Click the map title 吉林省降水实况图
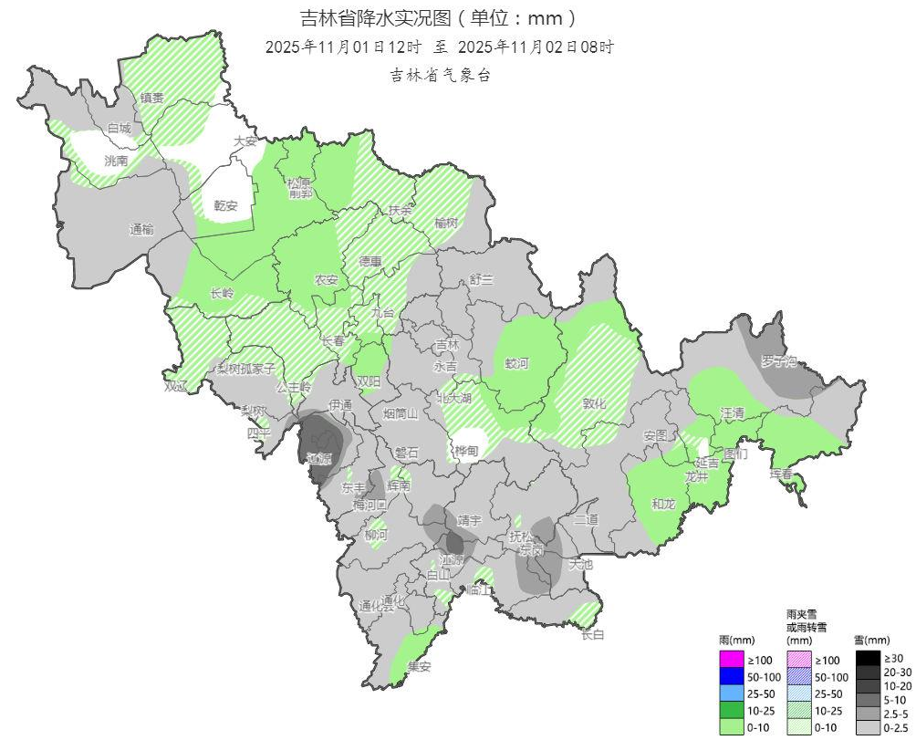tap(439, 18)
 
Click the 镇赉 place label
tap(151, 98)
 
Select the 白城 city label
tap(120, 129)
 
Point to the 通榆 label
tap(141, 230)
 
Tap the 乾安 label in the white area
tap(225, 205)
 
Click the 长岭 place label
tap(222, 293)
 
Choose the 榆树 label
tap(446, 223)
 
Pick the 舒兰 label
tap(481, 279)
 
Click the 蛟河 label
tap(517, 363)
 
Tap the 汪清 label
tap(733, 413)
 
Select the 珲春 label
tap(782, 474)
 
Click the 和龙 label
tap(663, 503)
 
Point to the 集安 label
tap(419, 666)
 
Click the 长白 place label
tap(592, 634)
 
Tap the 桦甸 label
tap(466, 451)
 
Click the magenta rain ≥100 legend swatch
tap(731, 659)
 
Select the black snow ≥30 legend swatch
tap(868, 658)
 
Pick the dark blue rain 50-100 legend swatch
tap(731, 676)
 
